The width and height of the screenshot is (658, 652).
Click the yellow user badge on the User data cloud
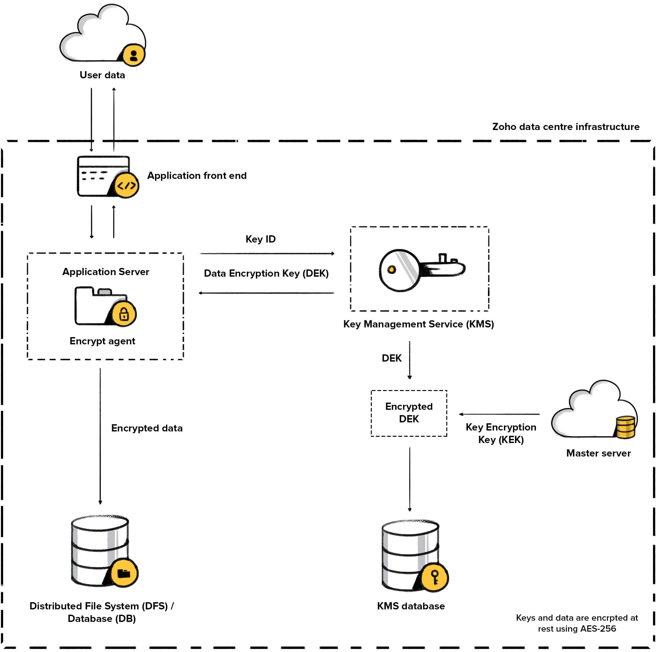click(x=133, y=55)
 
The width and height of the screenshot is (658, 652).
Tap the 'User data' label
click(x=102, y=75)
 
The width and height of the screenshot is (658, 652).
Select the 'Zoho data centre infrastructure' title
click(x=565, y=127)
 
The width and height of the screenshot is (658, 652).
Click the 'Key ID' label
click(x=261, y=239)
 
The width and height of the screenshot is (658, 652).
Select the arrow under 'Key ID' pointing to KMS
click(x=267, y=253)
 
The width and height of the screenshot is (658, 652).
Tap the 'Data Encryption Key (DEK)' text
click(x=266, y=273)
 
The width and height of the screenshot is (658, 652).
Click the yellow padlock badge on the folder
click(x=124, y=314)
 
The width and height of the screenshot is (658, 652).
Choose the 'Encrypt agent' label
click(x=102, y=341)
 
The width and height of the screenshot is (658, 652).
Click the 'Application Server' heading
click(x=106, y=272)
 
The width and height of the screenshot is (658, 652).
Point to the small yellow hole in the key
click(x=392, y=270)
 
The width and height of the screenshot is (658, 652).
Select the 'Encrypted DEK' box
click(x=409, y=413)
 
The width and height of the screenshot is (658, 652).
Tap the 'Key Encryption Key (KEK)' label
click(x=501, y=433)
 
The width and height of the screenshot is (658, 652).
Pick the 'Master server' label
click(x=598, y=453)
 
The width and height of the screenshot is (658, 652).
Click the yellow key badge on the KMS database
click(x=435, y=578)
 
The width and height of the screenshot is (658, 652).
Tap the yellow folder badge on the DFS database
click(x=124, y=573)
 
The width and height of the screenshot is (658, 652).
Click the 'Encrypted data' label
click(x=147, y=428)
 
